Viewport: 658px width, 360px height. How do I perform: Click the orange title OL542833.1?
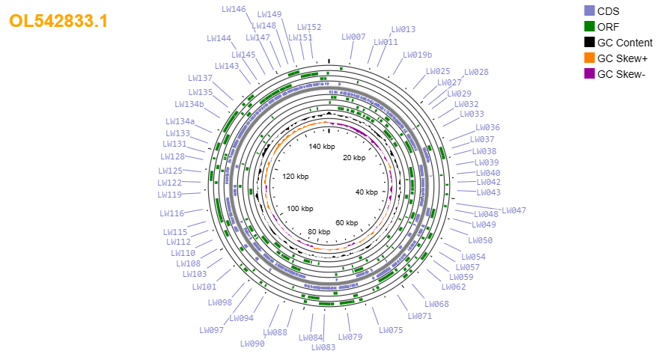point(58,21)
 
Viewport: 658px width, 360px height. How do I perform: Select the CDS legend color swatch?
point(589,11)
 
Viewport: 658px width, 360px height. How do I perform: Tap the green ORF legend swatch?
point(589,26)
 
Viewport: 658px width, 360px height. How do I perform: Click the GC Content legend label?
point(625,43)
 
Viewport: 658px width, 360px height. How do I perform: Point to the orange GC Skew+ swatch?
point(589,58)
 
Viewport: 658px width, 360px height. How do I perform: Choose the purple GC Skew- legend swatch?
point(589,74)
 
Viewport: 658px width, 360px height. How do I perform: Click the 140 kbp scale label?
point(322,147)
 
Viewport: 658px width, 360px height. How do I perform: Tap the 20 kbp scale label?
point(354,158)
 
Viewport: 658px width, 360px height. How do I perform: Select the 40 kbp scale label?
point(367,192)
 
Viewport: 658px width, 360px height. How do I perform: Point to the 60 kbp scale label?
point(347,223)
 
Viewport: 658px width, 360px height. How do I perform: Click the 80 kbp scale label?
point(319,231)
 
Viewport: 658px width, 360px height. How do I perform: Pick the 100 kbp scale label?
point(300,209)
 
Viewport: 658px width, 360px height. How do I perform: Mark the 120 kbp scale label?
point(296,176)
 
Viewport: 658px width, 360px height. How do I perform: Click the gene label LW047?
point(514,210)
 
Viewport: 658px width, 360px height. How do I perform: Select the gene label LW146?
point(234,9)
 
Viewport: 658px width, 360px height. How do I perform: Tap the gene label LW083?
point(323,347)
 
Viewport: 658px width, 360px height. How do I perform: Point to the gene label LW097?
point(212,330)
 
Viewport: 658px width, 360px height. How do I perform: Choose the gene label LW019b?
point(417,55)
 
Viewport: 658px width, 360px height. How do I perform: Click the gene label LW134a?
point(180,121)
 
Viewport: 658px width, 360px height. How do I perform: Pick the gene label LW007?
point(353,37)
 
